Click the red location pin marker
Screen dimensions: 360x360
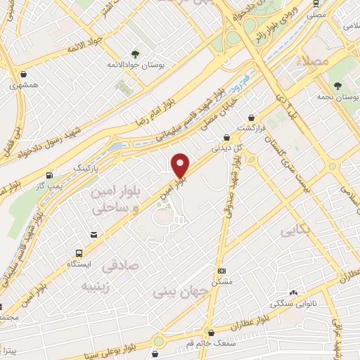tap(181, 165)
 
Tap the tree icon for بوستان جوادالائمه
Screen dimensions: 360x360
tap(135, 53)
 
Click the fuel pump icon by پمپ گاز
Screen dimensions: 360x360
tap(49, 175)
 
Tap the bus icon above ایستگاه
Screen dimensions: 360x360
tap(78, 253)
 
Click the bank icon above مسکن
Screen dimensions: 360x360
tap(221, 271)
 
